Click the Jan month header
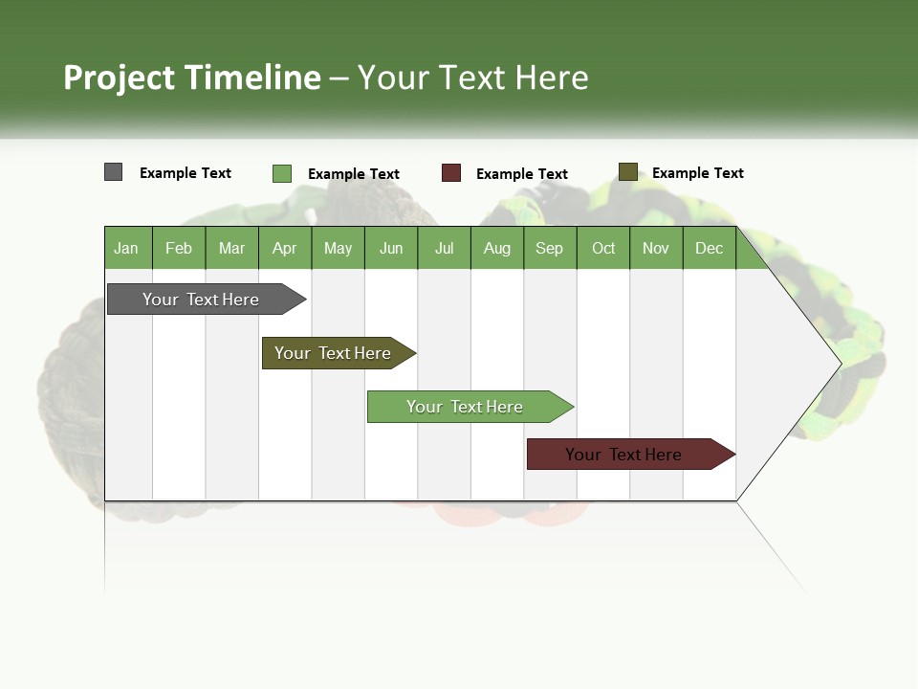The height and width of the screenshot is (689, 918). click(x=126, y=248)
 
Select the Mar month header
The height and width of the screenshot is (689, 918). click(x=231, y=248)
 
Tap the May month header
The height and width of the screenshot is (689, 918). click(x=338, y=248)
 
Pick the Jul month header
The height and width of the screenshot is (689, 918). click(x=444, y=248)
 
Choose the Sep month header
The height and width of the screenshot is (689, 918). click(x=549, y=248)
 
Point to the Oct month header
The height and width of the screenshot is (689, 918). click(x=603, y=248)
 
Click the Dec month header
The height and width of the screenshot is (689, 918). click(x=709, y=248)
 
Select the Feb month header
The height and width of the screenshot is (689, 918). click(x=179, y=248)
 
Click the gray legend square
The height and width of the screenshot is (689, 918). click(x=113, y=172)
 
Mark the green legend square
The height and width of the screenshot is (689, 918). click(x=282, y=173)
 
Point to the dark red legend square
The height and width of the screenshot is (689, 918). click(x=451, y=173)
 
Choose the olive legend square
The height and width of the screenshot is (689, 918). click(x=627, y=172)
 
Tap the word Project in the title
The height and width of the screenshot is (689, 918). click(x=120, y=78)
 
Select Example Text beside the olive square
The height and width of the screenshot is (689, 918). click(x=697, y=173)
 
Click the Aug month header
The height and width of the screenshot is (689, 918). click(x=496, y=248)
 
